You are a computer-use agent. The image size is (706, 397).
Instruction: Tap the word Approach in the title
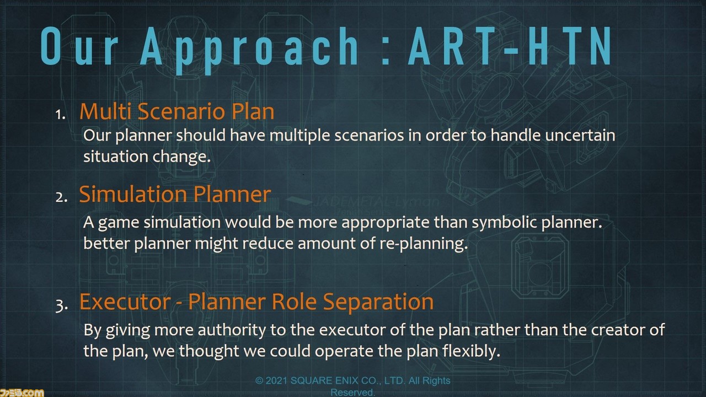click(249, 50)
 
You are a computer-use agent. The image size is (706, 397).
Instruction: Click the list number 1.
click(60, 115)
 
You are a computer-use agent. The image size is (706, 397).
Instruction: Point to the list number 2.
click(61, 197)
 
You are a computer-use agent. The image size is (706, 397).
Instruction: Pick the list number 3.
click(61, 305)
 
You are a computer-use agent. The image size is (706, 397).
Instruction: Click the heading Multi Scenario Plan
click(177, 111)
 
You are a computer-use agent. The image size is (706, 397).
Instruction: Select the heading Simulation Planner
click(175, 194)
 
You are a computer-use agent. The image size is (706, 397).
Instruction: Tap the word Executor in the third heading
click(125, 302)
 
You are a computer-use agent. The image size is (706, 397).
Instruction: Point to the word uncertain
click(580, 135)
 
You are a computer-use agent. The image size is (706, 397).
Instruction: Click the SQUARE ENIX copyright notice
click(352, 387)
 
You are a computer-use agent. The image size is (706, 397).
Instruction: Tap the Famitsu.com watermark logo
click(22, 393)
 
